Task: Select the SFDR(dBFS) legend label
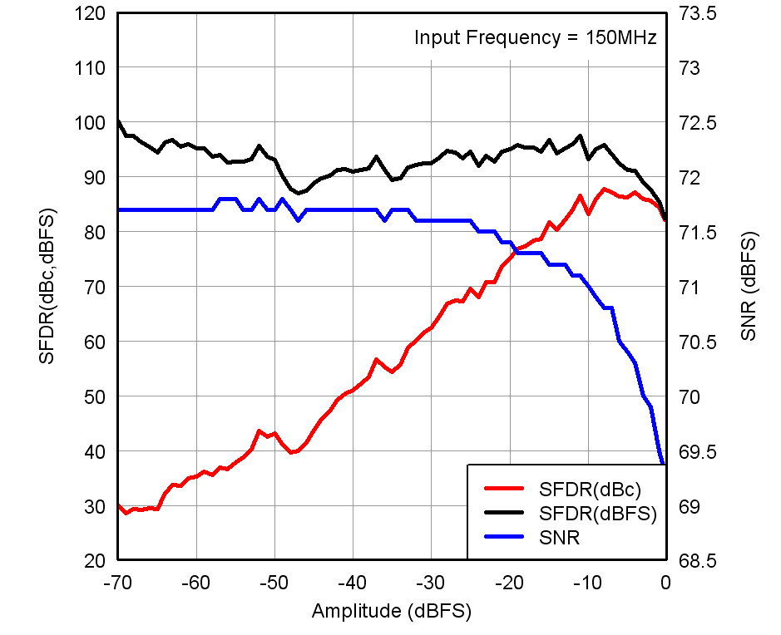pos(598,513)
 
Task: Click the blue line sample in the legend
pos(502,538)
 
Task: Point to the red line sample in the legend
pos(502,488)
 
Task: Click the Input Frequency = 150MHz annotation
pos(536,37)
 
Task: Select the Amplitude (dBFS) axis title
pos(392,612)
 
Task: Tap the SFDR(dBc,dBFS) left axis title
pos(47,287)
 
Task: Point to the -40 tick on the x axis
pos(353,582)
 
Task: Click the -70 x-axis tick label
pos(118,582)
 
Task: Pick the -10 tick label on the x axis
pos(587,582)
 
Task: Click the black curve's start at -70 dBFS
pos(119,122)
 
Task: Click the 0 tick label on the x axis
pos(665,582)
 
